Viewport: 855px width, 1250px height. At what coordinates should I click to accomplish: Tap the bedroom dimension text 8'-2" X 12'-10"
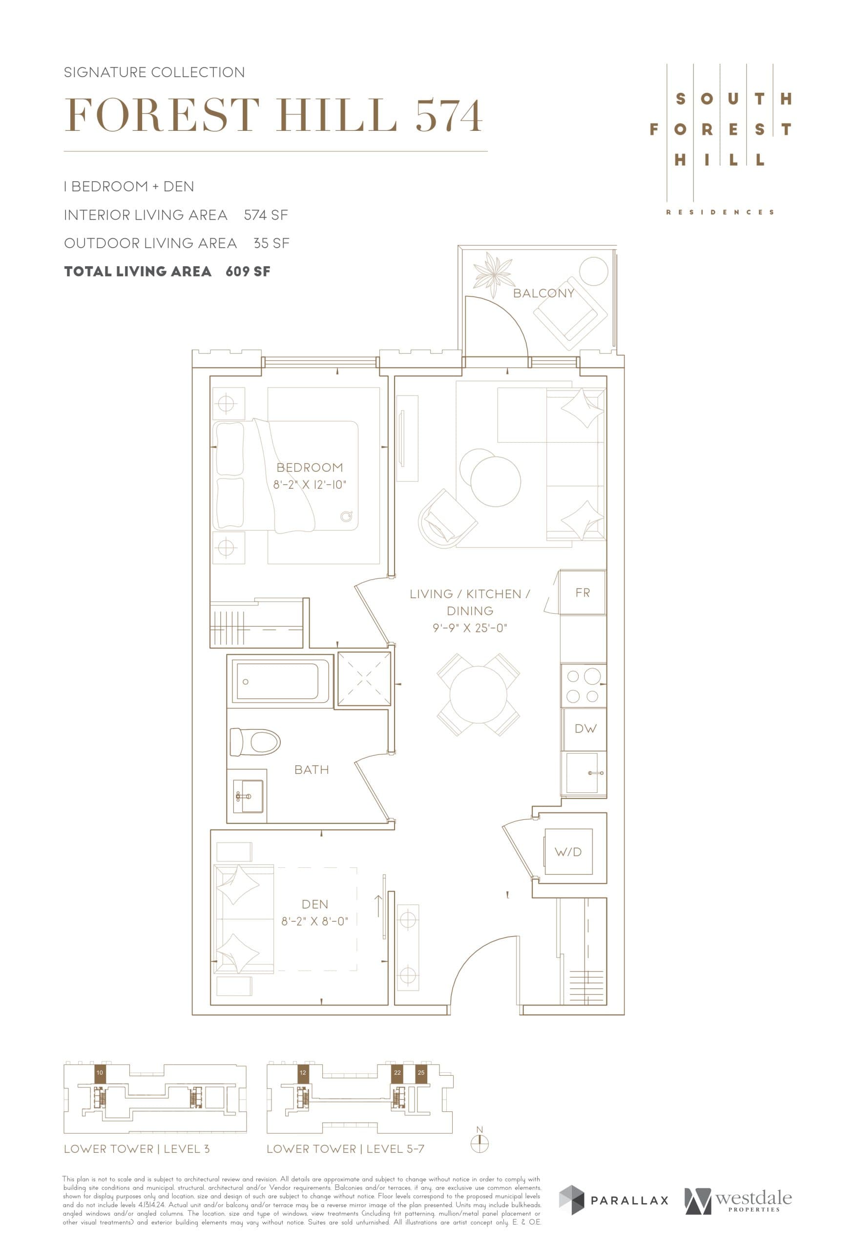tap(309, 484)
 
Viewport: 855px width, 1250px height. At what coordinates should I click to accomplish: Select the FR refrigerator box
tap(583, 593)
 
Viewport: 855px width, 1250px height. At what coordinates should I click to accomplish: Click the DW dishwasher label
tap(585, 729)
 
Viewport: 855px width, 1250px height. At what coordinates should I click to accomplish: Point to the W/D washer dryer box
tap(568, 852)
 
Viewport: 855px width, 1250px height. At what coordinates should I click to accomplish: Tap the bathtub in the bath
tap(280, 681)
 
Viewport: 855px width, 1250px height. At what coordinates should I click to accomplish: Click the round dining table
tap(478, 694)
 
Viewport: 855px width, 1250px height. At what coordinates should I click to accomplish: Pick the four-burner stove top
tap(583, 686)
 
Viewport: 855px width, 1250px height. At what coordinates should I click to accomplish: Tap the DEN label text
tap(314, 904)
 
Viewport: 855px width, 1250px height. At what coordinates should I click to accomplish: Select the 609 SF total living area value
tap(248, 271)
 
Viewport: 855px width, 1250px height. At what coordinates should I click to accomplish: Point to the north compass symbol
tap(479, 1144)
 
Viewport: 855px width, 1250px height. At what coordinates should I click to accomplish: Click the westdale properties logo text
tap(753, 1199)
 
